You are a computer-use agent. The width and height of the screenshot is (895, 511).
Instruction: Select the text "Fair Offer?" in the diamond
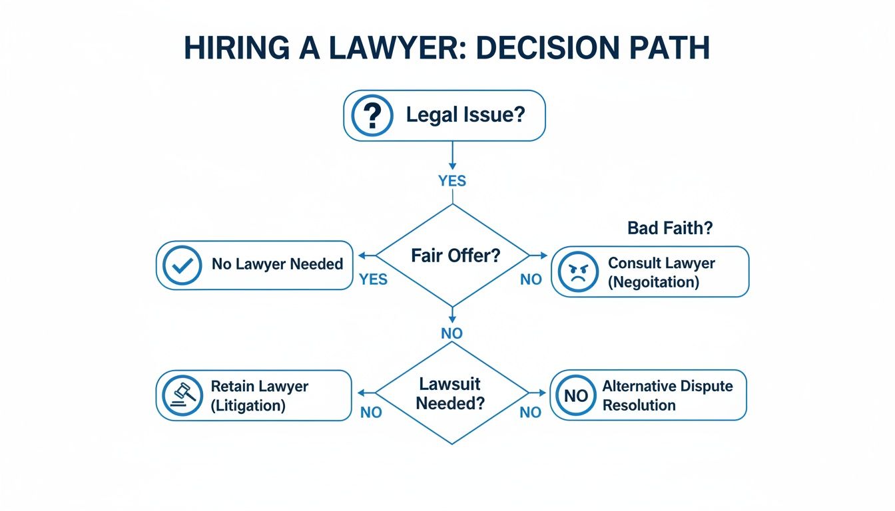[455, 255]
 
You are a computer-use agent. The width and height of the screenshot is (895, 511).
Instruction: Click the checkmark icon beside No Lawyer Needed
[182, 265]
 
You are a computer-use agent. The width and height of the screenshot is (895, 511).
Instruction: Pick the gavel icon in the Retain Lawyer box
[182, 395]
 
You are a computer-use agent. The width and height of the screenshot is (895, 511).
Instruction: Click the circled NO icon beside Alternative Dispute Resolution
[576, 396]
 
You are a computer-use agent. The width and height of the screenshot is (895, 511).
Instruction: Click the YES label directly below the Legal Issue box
[452, 181]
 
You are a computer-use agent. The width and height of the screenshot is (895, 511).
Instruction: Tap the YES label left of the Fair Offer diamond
[373, 279]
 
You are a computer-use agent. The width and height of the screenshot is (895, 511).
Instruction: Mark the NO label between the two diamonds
[452, 333]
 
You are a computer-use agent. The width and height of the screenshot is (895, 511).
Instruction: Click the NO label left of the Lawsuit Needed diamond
[371, 413]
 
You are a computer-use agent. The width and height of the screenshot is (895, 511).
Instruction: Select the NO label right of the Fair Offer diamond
[531, 279]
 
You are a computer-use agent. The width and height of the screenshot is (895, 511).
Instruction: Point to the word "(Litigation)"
[248, 405]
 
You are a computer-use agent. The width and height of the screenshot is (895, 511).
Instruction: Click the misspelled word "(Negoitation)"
[653, 281]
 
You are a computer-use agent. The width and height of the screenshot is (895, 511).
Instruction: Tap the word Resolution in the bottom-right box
[639, 405]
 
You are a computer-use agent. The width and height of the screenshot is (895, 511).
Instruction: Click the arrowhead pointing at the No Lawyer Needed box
[362, 255]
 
